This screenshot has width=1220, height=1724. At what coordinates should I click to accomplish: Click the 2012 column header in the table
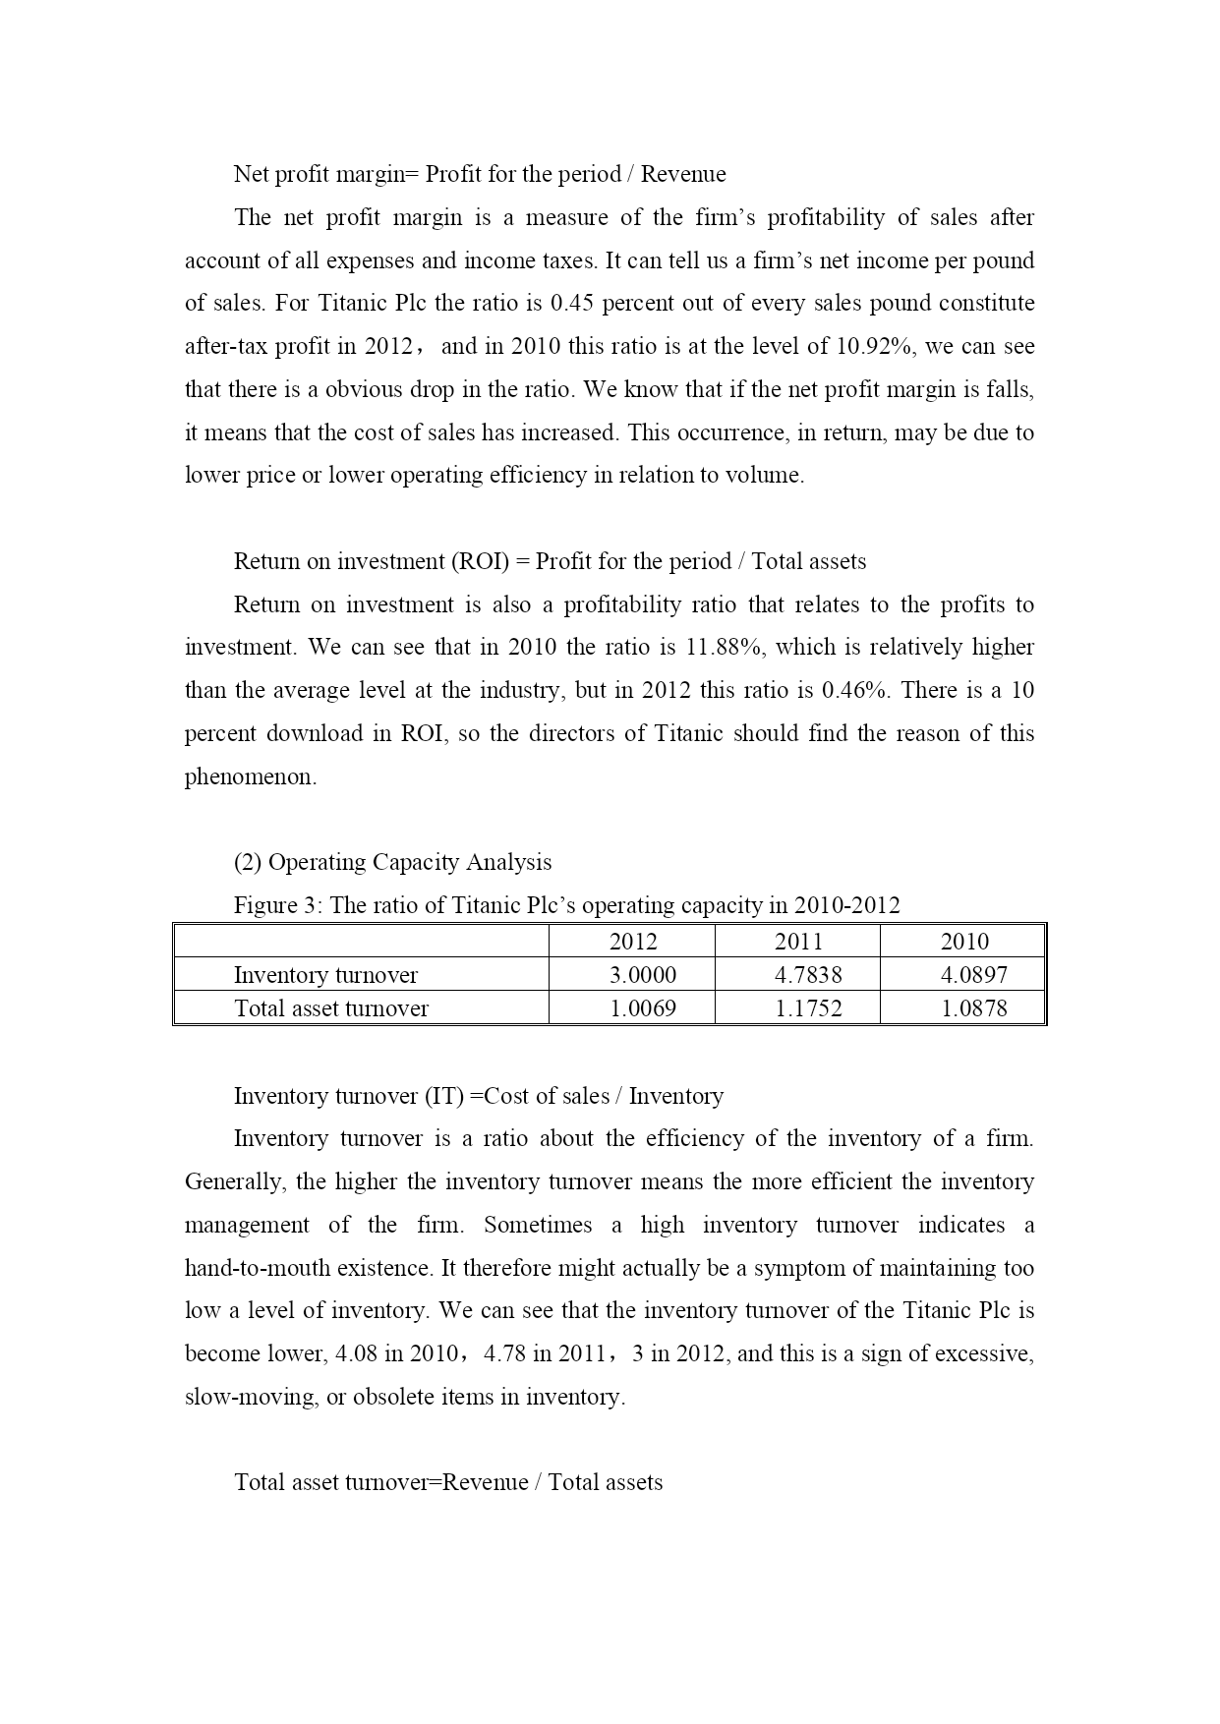coord(632,942)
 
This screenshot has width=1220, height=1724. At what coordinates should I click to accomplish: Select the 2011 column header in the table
coord(797,942)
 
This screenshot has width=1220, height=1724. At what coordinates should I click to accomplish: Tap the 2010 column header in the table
coord(963,942)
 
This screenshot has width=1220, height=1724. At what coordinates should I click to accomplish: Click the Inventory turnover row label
coord(325,975)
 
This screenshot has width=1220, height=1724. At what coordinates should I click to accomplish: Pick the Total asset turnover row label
coord(331,1008)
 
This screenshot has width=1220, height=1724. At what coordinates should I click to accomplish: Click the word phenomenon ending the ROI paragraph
coord(251,776)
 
